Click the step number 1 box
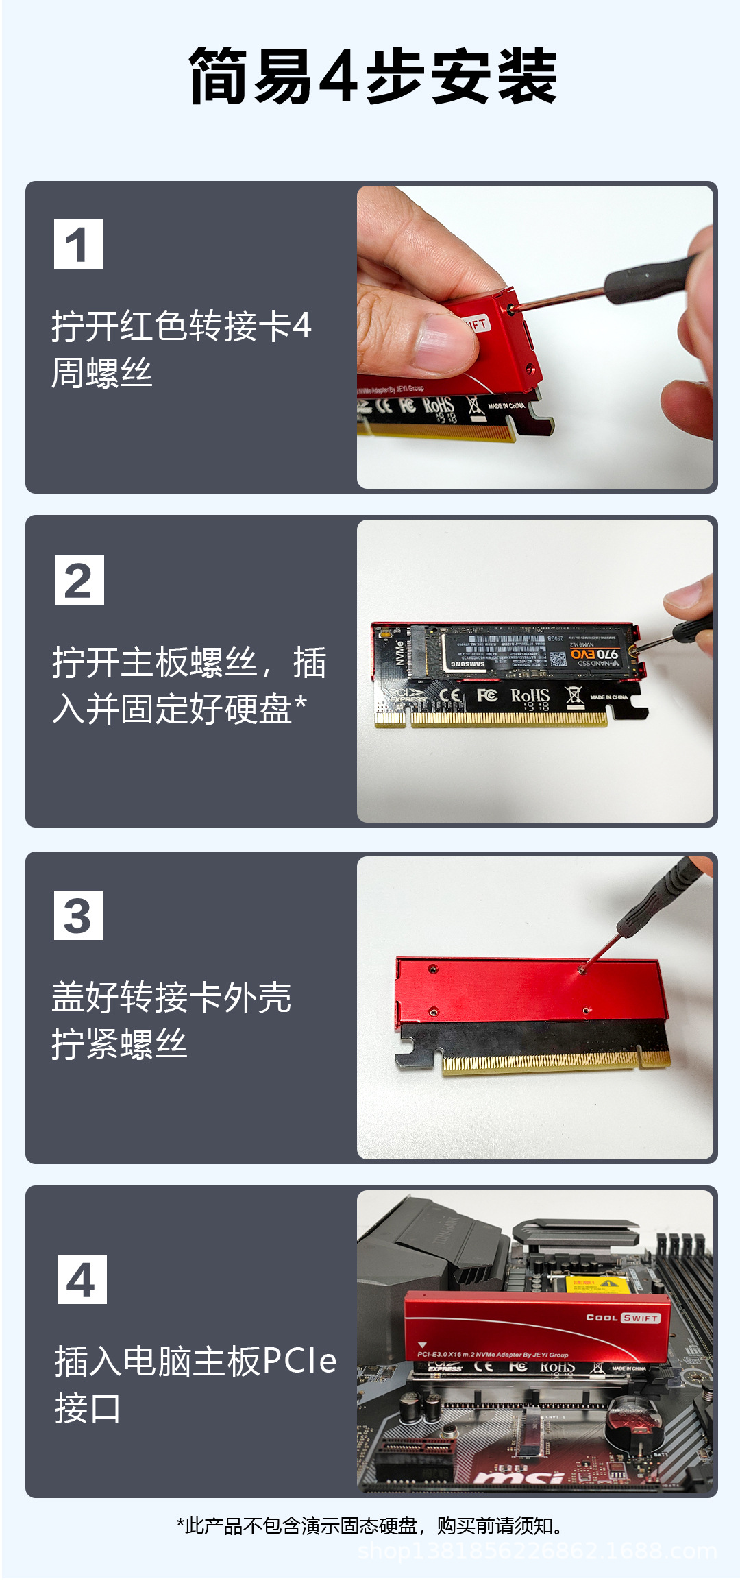pos(79,244)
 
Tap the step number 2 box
pos(79,580)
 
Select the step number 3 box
pos(79,915)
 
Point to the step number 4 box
pos(82,1279)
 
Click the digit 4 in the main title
pos(339,77)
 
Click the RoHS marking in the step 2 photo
pos(530,697)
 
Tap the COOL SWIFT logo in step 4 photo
pos(624,1318)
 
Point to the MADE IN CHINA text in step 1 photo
pos(507,406)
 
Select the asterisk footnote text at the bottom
pos(371,1525)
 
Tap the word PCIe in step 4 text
pos(299,1361)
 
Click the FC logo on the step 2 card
pos(487,696)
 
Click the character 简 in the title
pos(219,77)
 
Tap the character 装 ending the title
pos(527,77)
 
